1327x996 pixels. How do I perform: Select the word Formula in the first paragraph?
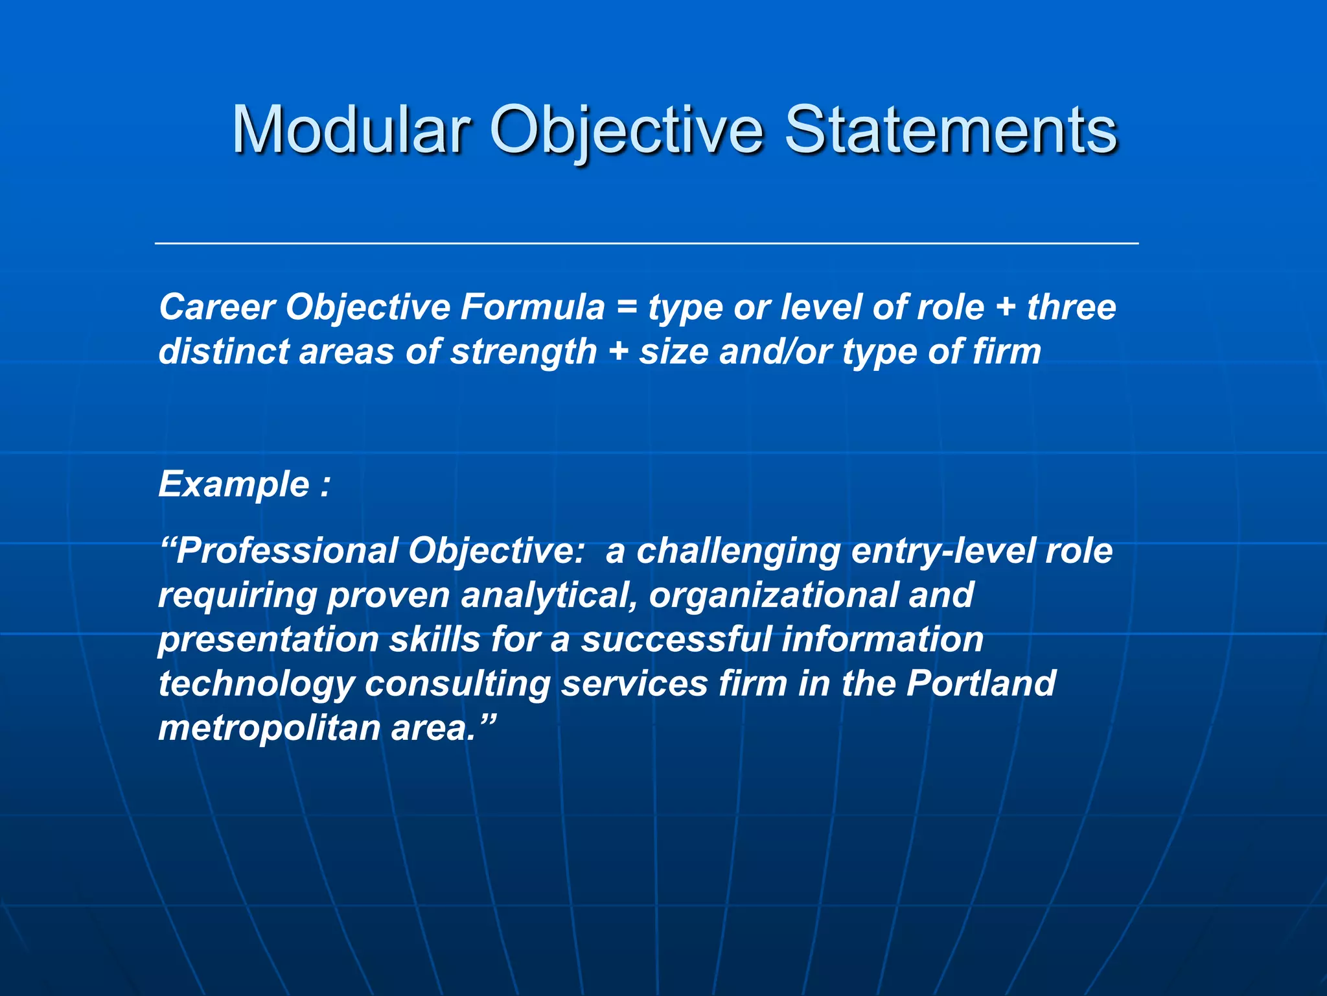click(532, 307)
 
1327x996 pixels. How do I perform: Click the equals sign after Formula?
click(626, 308)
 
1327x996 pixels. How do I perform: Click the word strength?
click(524, 352)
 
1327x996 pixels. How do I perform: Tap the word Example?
click(234, 484)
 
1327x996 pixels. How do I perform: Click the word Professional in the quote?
click(286, 551)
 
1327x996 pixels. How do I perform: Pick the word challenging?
click(738, 552)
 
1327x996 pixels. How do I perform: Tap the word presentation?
click(268, 640)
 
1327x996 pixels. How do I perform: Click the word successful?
click(676, 639)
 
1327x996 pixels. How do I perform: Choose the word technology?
click(257, 684)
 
